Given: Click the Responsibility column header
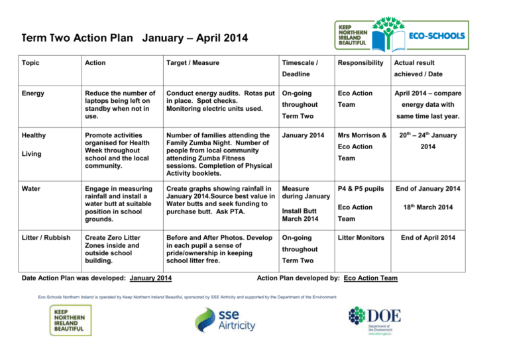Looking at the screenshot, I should click(361, 63).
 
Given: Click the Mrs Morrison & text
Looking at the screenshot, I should click(363, 135).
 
